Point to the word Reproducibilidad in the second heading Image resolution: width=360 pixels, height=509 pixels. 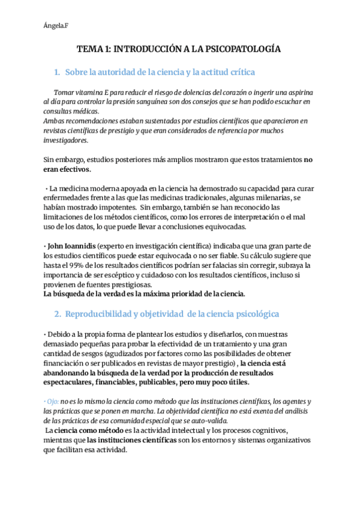[100, 313]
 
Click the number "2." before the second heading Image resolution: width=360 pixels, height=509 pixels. [58, 313]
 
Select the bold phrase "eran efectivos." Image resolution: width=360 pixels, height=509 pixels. [64, 170]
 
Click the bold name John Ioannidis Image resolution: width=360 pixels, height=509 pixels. [71, 247]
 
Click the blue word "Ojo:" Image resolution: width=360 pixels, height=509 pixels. [52, 401]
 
